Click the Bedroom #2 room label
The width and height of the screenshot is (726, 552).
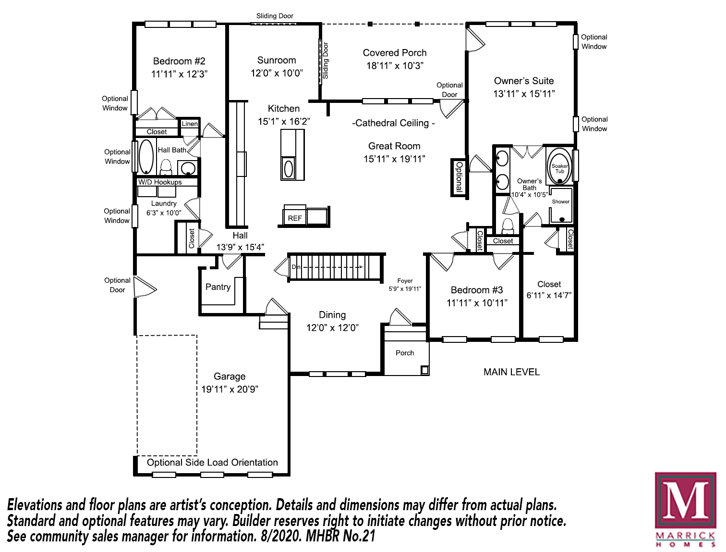point(179,62)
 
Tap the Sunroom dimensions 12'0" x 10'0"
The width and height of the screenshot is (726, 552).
point(277,73)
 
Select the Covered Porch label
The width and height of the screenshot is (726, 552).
point(395,53)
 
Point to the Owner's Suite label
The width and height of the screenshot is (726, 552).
point(524,81)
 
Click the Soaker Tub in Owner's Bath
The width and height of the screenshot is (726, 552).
point(559,167)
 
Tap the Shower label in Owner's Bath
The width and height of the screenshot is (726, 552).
point(560,202)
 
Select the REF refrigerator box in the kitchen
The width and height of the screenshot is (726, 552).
point(295,218)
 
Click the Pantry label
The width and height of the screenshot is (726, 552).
point(218,287)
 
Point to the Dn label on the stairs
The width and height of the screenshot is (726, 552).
point(296,267)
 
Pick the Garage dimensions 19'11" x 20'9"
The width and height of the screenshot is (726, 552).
point(230,389)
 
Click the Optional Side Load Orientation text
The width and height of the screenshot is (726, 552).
point(212,463)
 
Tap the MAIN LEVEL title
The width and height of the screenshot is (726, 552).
point(511,372)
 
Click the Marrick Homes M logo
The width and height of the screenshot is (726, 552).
point(685,502)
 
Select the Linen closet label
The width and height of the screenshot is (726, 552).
point(190,124)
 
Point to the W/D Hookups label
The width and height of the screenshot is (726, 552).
point(160,182)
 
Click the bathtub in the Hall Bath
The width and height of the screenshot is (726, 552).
point(146,157)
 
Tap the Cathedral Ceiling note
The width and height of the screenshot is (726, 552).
point(393,123)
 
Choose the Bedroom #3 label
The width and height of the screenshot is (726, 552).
point(477,290)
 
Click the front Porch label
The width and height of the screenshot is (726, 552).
point(405,353)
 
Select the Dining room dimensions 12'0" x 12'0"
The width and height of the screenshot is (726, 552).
point(332,328)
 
